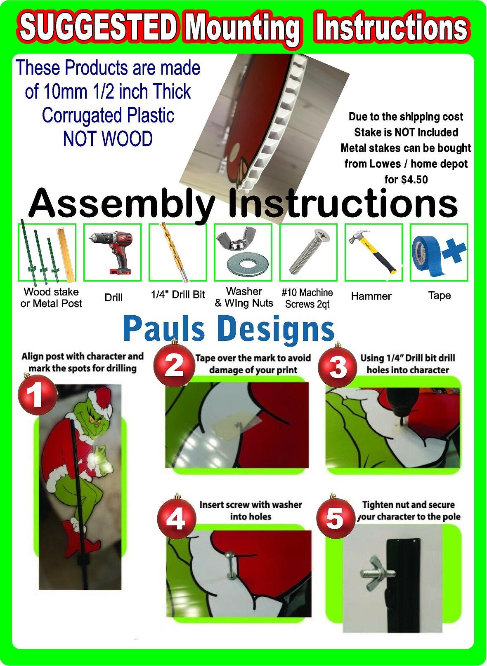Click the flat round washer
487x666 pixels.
(247, 264)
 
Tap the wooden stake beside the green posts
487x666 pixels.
(65, 255)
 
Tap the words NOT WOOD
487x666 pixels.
(108, 138)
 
